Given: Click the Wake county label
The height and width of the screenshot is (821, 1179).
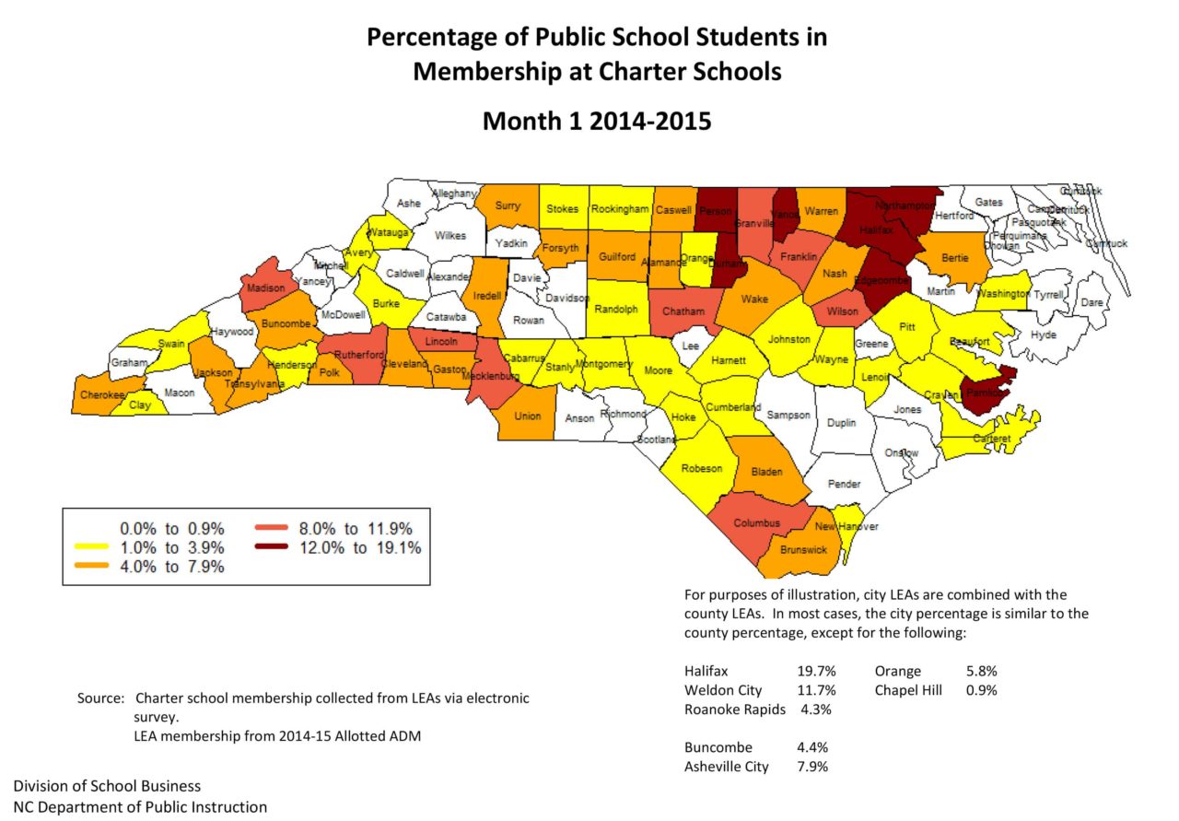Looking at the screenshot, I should pos(754,299).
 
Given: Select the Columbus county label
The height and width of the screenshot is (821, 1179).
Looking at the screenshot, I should pos(756,523).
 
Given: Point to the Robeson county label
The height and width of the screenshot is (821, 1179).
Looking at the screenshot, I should pos(701,469).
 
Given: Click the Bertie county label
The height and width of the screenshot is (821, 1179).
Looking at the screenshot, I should pos(955,258).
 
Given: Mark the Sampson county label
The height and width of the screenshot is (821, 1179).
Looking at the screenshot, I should pos(789,415).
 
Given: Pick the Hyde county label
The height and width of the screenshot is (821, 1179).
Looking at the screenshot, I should pos(1044,335).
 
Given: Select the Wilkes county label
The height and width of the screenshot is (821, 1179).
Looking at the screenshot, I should pos(450,236).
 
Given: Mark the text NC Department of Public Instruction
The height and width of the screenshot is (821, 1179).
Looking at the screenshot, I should pos(140,807).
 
